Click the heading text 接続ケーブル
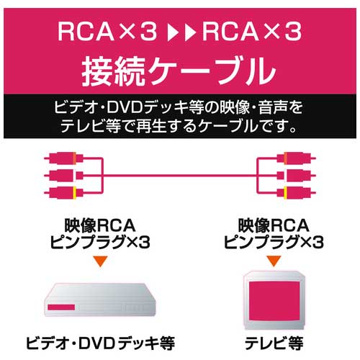tap(179, 71)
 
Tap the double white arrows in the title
tap(181, 32)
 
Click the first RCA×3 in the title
tap(107, 32)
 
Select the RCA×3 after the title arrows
tap(252, 32)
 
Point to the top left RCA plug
tap(64, 158)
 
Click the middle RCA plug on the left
tap(64, 176)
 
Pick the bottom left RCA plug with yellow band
tap(64, 192)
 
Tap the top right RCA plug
tap(296, 158)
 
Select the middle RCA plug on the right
tap(296, 176)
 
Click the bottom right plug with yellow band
tap(296, 192)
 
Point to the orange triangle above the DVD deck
tap(101, 261)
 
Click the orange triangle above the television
tap(274, 261)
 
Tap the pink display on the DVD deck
tap(61, 307)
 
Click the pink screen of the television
tap(274, 301)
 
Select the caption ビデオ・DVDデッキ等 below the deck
tap(100, 343)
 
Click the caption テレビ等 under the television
tap(274, 343)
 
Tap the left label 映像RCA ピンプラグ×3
tap(100, 233)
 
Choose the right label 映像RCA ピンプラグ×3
tap(274, 233)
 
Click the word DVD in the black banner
tap(124, 108)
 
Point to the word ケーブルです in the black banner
tap(244, 126)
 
